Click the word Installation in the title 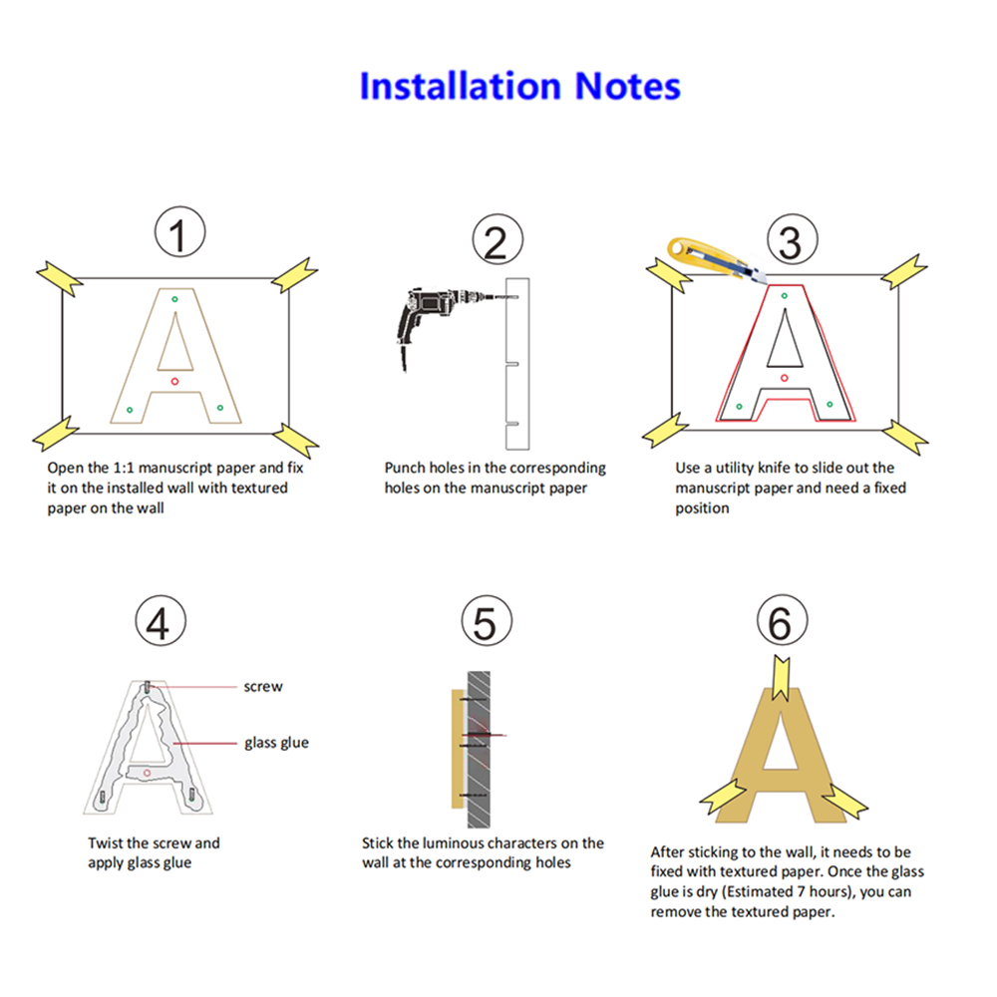pyautogui.click(x=461, y=86)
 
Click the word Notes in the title pyautogui.click(x=627, y=86)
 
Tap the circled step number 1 pyautogui.click(x=179, y=232)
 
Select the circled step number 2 pyautogui.click(x=498, y=239)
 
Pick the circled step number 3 pyautogui.click(x=793, y=239)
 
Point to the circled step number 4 pyautogui.click(x=161, y=621)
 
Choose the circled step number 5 pyautogui.click(x=487, y=621)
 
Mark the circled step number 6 pyautogui.click(x=782, y=621)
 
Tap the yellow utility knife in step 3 pyautogui.click(x=715, y=259)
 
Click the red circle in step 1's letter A pyautogui.click(x=174, y=381)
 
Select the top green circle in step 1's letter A pyautogui.click(x=174, y=299)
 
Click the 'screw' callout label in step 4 pyautogui.click(x=263, y=687)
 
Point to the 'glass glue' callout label pyautogui.click(x=276, y=743)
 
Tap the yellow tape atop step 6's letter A pyautogui.click(x=781, y=678)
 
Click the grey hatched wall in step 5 pyautogui.click(x=479, y=749)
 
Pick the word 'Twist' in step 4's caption pyautogui.click(x=105, y=843)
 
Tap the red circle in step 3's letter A pyautogui.click(x=784, y=378)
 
